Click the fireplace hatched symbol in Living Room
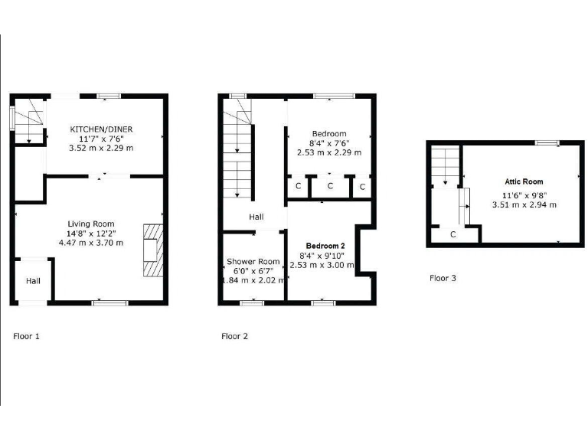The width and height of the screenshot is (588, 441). [x=153, y=250]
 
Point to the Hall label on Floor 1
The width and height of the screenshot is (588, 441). [x=34, y=281]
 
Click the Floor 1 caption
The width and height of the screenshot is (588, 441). [x=27, y=335]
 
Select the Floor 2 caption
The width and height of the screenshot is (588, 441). [x=234, y=335]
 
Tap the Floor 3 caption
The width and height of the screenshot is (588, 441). [x=443, y=278]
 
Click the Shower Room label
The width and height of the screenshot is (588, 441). [x=253, y=260]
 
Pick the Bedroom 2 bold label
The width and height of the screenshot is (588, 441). [x=322, y=246]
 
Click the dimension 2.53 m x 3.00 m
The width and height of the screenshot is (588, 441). [x=322, y=265]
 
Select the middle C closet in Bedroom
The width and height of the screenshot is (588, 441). [x=330, y=186]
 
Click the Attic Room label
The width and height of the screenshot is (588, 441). [x=524, y=181]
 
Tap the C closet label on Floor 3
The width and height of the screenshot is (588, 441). [x=453, y=234]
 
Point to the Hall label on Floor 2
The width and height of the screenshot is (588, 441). [x=256, y=217]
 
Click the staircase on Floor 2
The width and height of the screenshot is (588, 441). [x=238, y=153]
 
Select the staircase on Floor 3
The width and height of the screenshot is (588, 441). [x=444, y=165]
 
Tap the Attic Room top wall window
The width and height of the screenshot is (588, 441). [x=547, y=143]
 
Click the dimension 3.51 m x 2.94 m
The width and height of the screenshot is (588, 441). [x=524, y=204]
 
